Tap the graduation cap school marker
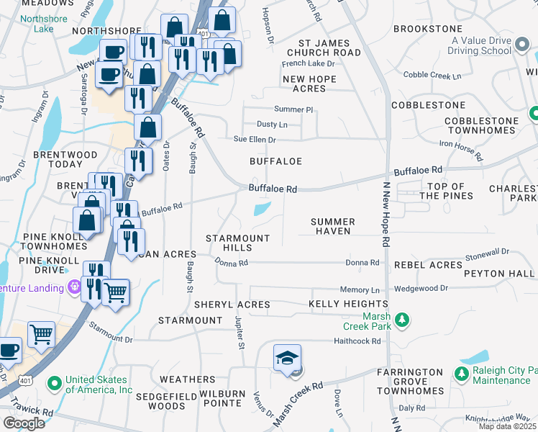(287, 359)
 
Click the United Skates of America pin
(54, 382)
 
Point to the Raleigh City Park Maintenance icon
(461, 373)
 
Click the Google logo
(24, 423)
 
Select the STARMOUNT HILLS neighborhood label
(237, 243)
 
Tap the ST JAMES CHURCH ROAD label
(324, 48)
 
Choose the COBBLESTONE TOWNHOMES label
(481, 125)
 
